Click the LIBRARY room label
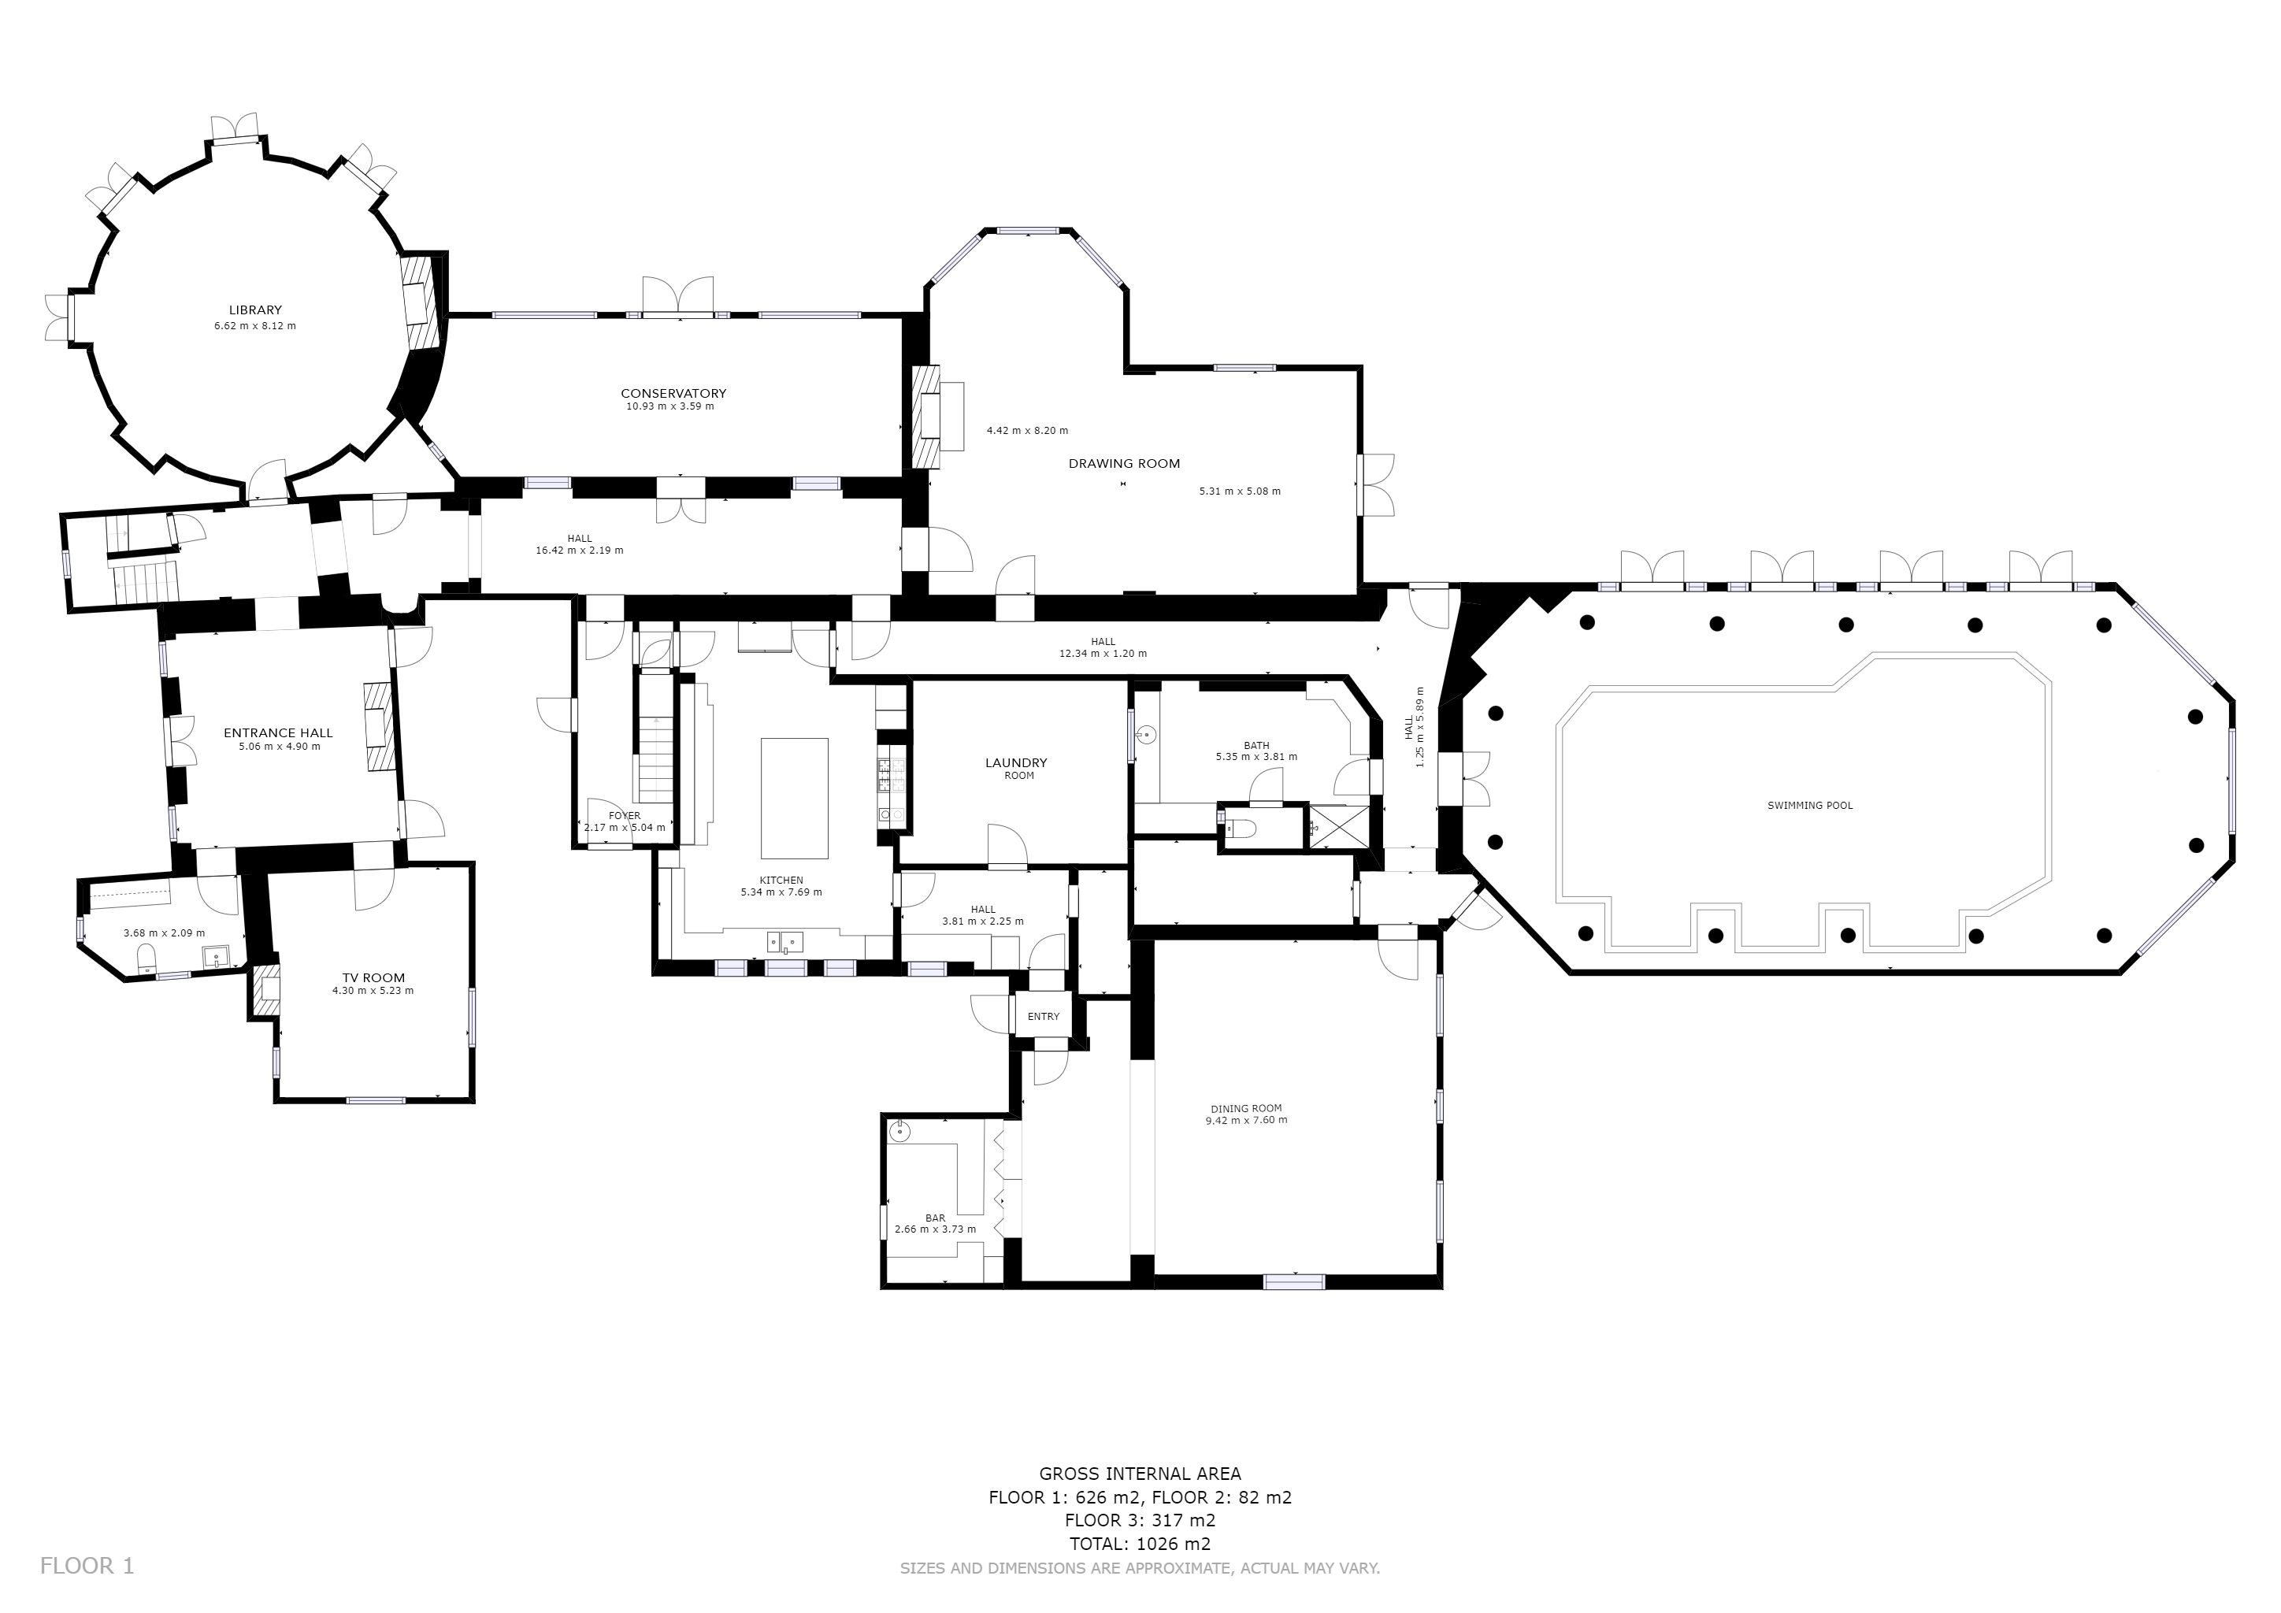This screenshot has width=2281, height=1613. click(x=255, y=310)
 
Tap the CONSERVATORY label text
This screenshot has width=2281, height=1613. click(x=673, y=393)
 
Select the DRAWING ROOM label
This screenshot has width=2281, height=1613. click(x=1124, y=463)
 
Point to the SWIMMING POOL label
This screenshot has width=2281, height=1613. click(x=1810, y=806)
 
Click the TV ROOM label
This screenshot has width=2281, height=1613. click(x=373, y=977)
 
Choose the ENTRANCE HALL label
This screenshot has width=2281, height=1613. click(x=278, y=733)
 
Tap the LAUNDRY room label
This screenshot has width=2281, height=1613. click(x=1016, y=763)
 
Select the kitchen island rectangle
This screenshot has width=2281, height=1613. click(x=794, y=798)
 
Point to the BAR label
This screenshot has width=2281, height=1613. click(x=935, y=1218)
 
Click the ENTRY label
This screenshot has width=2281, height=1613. click(x=1043, y=1016)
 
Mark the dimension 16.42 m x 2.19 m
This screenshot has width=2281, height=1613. click(x=579, y=551)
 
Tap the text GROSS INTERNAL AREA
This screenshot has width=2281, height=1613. click(x=1140, y=1474)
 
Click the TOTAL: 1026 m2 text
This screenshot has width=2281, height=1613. click(x=1140, y=1544)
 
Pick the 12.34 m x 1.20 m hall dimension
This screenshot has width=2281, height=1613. click(x=1103, y=654)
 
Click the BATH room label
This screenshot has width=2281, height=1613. click(x=1257, y=745)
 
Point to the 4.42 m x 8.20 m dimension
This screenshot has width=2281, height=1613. click(x=1027, y=430)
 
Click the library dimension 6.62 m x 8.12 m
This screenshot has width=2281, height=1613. click(x=255, y=326)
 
